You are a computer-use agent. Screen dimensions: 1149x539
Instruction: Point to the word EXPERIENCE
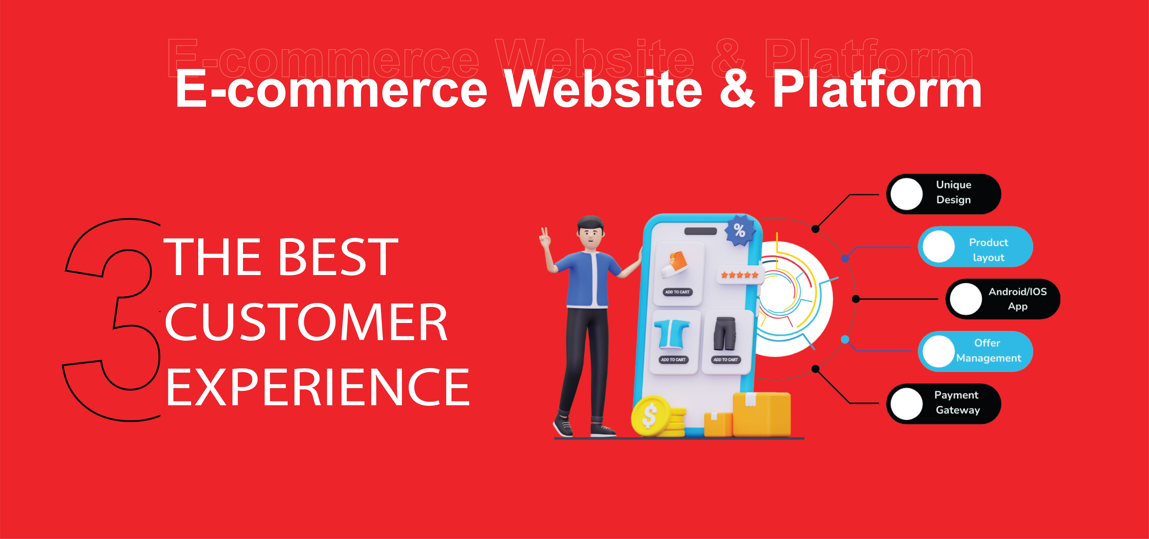click(x=318, y=387)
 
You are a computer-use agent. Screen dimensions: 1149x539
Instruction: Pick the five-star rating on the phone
click(x=740, y=275)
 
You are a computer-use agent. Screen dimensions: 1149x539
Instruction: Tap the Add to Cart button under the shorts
click(x=725, y=360)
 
